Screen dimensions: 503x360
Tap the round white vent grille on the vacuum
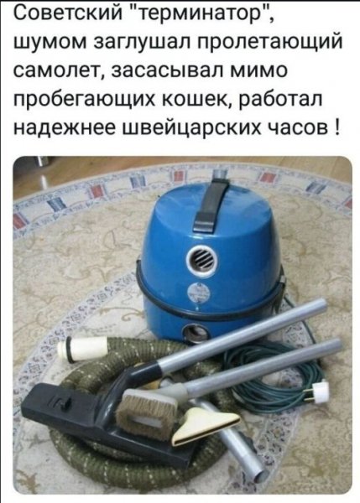(201, 259)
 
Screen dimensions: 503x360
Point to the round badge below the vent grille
(201, 295)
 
